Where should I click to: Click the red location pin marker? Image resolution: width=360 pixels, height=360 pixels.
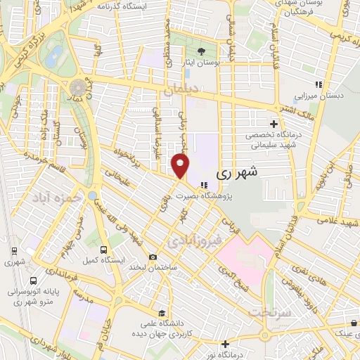181,166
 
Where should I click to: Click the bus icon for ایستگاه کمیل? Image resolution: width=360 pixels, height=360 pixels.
104,249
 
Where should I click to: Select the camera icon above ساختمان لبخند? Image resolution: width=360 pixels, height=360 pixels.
153,257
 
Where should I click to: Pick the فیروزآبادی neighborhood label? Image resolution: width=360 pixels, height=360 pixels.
195,241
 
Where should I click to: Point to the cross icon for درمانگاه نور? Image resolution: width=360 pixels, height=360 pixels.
224,344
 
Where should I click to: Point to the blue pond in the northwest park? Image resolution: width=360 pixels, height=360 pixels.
53,59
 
